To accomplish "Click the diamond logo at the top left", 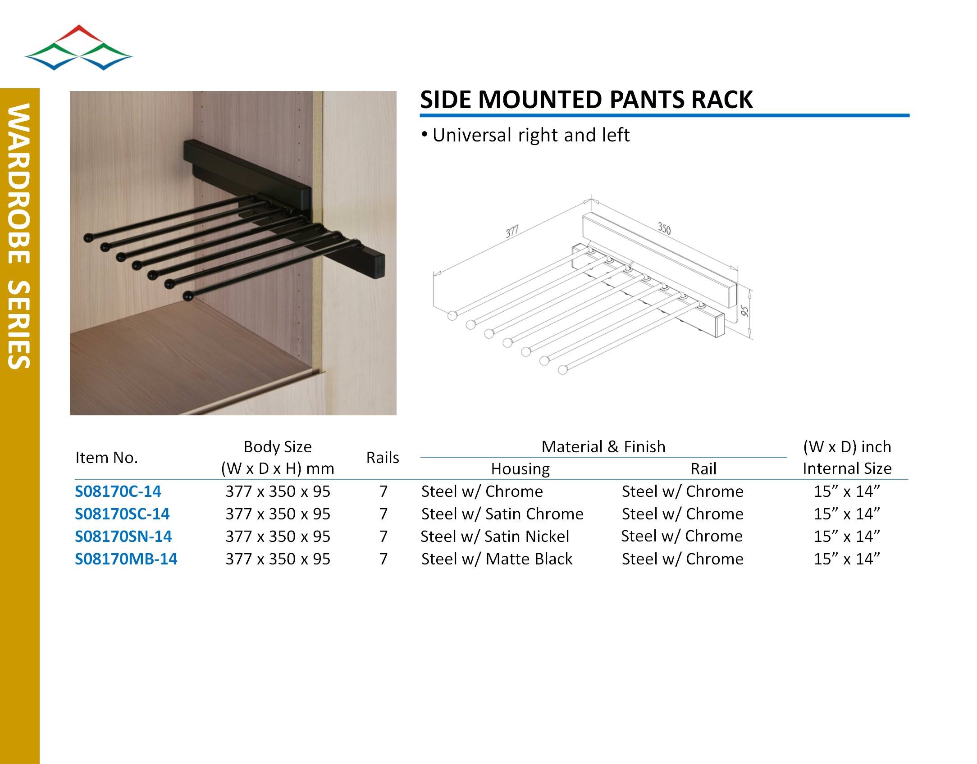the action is click(x=78, y=47).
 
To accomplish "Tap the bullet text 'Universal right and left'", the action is click(x=531, y=135).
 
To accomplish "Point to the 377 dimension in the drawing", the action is click(x=512, y=232).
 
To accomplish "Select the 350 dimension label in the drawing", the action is click(x=664, y=228).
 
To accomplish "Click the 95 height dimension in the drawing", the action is click(x=744, y=311).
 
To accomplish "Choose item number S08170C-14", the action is click(x=118, y=491).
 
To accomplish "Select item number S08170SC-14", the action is click(x=122, y=514).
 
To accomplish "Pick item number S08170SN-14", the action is click(x=123, y=536).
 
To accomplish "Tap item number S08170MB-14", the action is click(x=126, y=559).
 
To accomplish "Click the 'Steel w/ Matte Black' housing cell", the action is click(x=497, y=559).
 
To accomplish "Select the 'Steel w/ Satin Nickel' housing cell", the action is click(x=495, y=536).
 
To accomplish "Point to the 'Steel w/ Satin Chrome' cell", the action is click(x=502, y=514).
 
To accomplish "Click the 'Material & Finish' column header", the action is click(x=603, y=446).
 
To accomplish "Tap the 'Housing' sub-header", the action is click(x=520, y=469).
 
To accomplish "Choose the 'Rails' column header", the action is click(x=383, y=458).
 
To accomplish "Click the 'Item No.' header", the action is click(x=106, y=458).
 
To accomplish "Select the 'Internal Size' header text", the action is click(x=847, y=468).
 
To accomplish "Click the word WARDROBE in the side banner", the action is click(x=19, y=184).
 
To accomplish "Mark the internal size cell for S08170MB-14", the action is click(x=847, y=559).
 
